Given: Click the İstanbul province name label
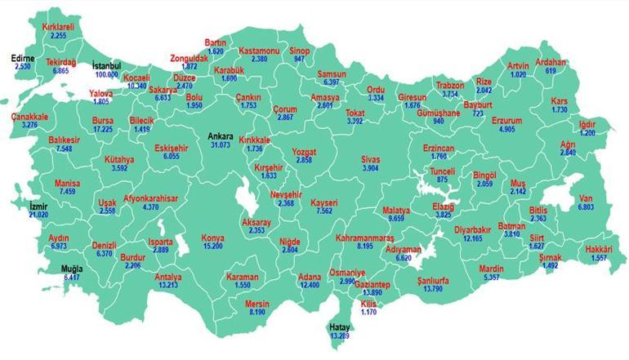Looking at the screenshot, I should (106, 64).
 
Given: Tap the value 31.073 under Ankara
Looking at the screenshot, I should (221, 144).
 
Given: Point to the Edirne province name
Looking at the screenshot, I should (23, 58).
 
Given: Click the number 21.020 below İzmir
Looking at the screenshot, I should (38, 214).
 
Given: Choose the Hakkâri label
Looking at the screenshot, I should (600, 249).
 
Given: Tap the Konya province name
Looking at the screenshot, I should (213, 238).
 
